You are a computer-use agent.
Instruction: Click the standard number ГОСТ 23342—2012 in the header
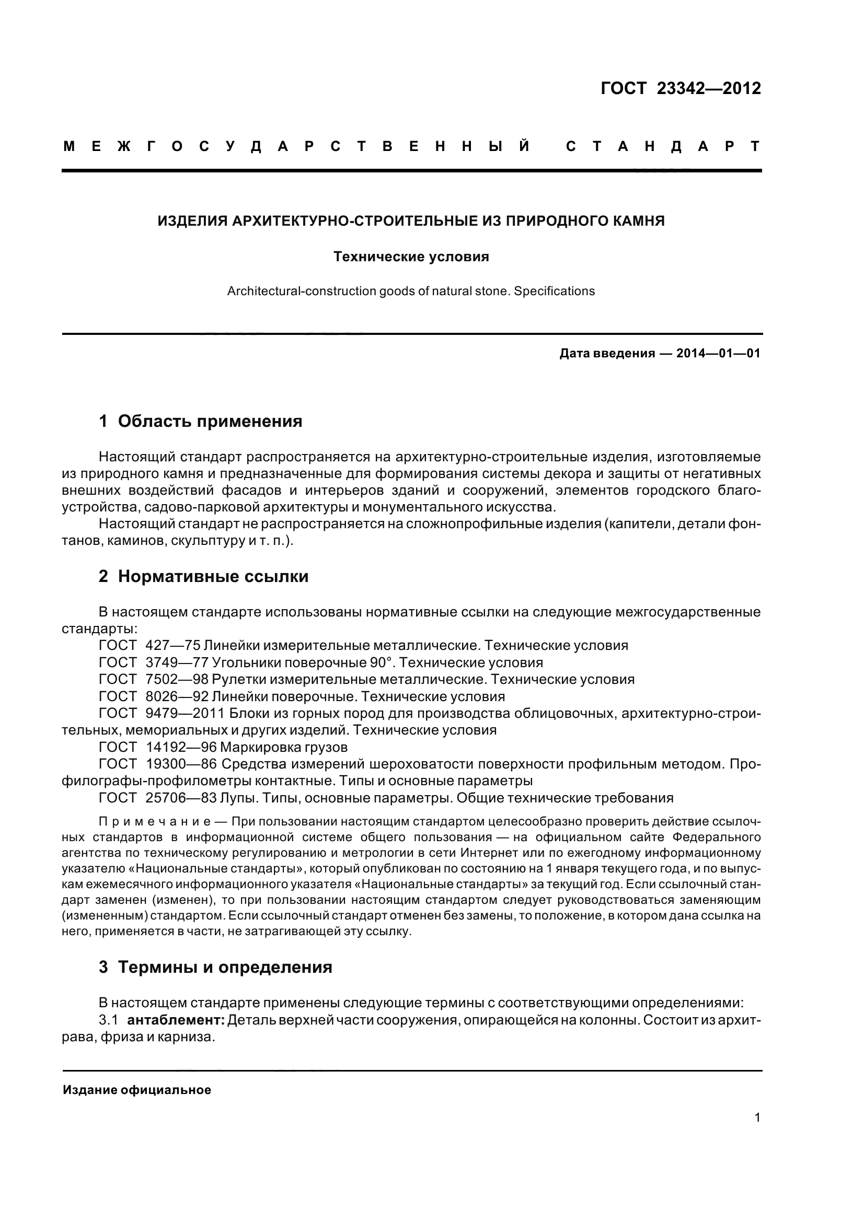pos(681,88)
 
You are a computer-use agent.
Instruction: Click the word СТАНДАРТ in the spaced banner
pos(663,146)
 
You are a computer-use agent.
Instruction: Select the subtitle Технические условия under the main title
pos(410,257)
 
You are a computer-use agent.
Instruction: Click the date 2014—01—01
pos(718,353)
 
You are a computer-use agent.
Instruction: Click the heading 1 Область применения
pos(201,422)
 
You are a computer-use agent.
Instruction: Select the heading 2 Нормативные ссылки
pos(203,576)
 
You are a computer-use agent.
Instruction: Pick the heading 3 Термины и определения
pos(215,967)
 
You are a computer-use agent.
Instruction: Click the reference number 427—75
pos(172,646)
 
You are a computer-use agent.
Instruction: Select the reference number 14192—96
pos(181,747)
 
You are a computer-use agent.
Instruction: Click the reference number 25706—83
pos(181,798)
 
